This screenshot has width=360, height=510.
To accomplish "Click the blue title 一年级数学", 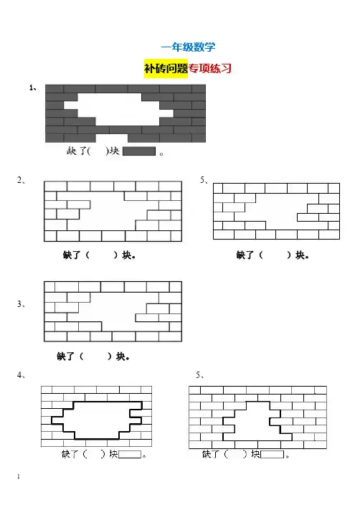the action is tap(188, 47).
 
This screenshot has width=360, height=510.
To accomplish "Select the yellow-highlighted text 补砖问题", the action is tap(166, 69).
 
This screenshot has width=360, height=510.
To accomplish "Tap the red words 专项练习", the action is tap(210, 69).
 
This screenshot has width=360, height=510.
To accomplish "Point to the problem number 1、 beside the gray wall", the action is tap(33, 88).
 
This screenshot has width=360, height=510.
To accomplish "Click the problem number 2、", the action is tap(21, 180).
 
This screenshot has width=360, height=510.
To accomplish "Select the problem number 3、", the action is tap(21, 304).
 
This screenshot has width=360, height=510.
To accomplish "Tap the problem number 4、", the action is tap(21, 375).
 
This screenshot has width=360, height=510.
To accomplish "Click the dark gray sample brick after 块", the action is tap(139, 151).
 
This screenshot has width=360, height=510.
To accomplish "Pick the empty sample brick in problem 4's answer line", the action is tap(130, 454).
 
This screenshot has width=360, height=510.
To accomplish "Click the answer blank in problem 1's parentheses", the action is tap(98, 151).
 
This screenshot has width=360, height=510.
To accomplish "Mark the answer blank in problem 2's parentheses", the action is tap(101, 255).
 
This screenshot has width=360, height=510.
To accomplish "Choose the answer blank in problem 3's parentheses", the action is tap(95, 356).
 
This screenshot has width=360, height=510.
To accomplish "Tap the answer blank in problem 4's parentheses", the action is tap(94, 454).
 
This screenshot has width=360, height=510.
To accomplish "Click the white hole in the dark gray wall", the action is tap(119, 110).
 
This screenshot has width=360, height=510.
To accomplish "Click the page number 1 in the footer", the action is tap(19, 476).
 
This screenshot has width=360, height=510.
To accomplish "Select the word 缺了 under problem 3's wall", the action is tap(65, 356).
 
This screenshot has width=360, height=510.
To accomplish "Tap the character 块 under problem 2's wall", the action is tap(127, 255).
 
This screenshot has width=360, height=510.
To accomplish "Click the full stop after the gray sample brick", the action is tap(161, 154).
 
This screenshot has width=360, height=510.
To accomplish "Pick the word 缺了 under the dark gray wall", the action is tap(77, 151).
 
